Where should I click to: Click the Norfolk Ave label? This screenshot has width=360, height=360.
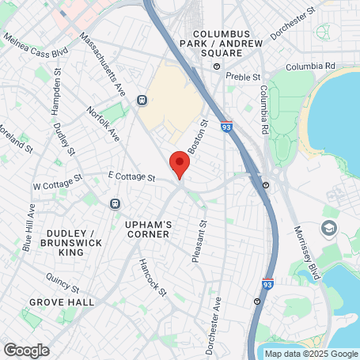point(102,124)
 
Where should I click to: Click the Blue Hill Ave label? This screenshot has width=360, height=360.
point(29,228)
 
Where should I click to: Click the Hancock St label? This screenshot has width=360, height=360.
point(152,278)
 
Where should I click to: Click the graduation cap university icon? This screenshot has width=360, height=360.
point(327,228)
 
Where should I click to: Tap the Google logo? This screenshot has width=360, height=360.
point(26,350)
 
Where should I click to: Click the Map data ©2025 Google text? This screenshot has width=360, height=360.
point(311,354)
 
